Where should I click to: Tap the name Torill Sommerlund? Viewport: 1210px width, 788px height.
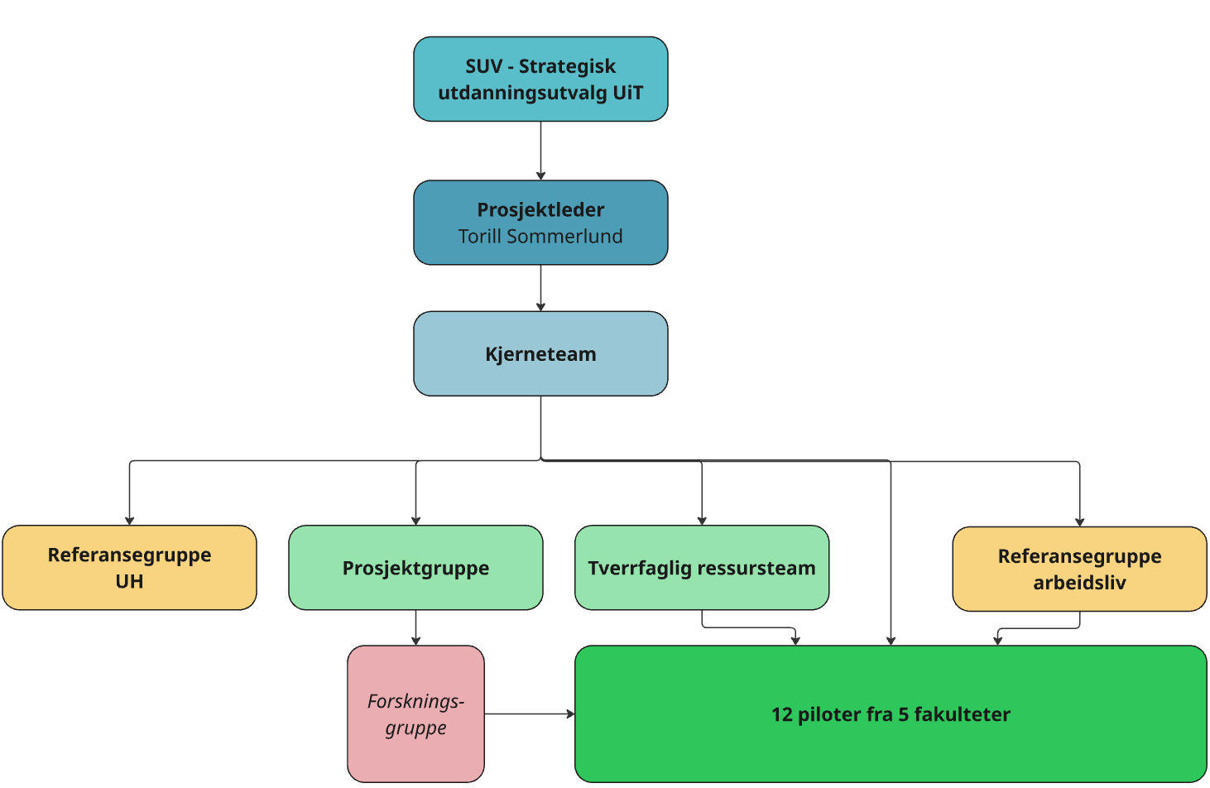(540, 237)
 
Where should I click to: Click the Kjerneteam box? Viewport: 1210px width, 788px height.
(540, 353)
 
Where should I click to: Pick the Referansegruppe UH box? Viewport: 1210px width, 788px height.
(129, 568)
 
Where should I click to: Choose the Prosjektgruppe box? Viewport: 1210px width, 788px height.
(415, 568)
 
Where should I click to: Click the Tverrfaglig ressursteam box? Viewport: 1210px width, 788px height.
(702, 568)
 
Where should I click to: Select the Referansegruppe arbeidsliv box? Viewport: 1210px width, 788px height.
(1079, 569)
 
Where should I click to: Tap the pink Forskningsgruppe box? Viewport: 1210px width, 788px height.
(415, 714)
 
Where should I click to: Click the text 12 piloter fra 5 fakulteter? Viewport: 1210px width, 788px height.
(891, 714)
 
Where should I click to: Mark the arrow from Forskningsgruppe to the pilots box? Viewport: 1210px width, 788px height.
(529, 714)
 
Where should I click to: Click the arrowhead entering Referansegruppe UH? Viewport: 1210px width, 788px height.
(129, 520)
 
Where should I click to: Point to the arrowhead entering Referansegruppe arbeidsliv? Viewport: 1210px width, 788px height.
(1079, 521)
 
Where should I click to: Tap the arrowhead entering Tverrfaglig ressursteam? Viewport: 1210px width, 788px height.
(702, 520)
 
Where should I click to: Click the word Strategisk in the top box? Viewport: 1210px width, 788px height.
(567, 66)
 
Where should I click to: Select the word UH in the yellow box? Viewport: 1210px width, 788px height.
(129, 581)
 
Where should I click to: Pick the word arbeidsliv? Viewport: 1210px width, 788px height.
(1079, 583)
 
